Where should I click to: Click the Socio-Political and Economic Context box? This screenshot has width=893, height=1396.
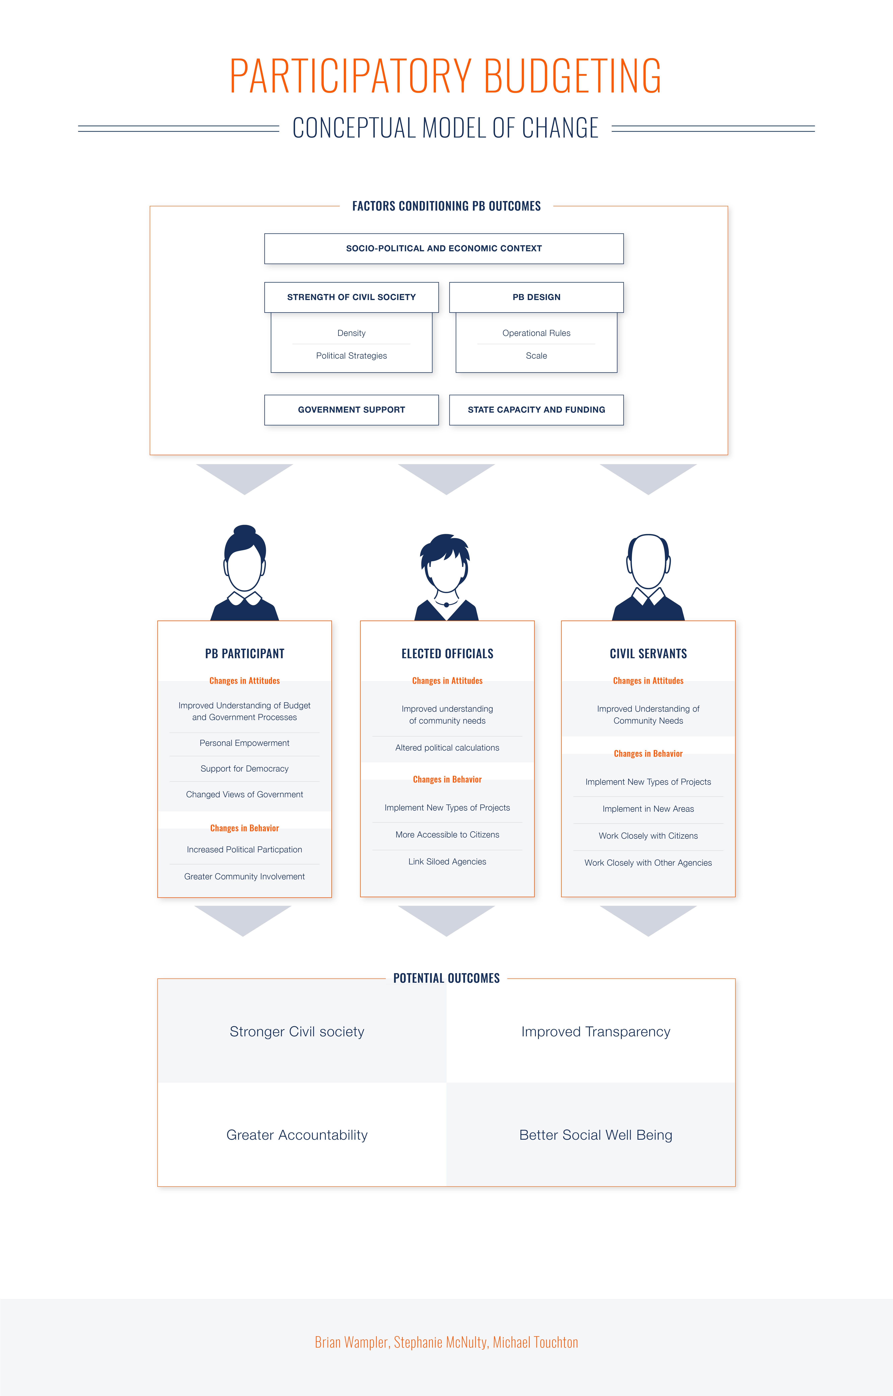click(x=444, y=248)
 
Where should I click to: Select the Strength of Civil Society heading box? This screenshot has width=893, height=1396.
click(x=351, y=297)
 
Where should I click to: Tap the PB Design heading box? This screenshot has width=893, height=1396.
click(x=536, y=297)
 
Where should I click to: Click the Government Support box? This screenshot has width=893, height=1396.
click(x=351, y=409)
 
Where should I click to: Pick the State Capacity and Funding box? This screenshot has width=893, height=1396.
click(x=536, y=409)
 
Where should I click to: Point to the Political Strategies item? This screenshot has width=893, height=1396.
click(x=351, y=355)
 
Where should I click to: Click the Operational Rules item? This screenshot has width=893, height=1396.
click(x=536, y=333)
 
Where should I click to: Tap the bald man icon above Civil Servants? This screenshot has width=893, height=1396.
click(x=648, y=577)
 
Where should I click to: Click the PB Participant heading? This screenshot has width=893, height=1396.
click(x=245, y=654)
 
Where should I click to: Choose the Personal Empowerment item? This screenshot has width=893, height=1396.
click(x=245, y=743)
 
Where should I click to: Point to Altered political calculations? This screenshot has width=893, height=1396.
click(x=447, y=748)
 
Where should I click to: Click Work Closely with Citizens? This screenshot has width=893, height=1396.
click(x=648, y=836)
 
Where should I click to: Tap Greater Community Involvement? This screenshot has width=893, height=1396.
click(x=245, y=876)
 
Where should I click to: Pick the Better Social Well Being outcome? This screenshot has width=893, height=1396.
click(x=595, y=1135)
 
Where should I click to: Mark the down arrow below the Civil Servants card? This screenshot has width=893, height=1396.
click(x=648, y=920)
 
